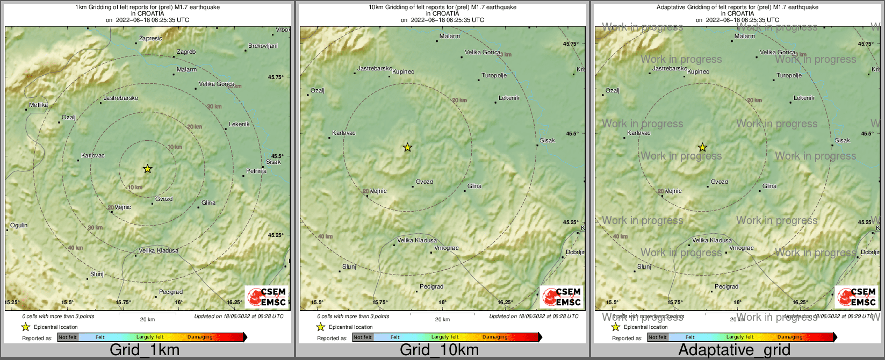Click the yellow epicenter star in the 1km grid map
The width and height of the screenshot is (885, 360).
click(148, 169)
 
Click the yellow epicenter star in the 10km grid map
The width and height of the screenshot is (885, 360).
click(407, 147)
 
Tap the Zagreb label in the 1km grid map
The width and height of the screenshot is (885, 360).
click(186, 52)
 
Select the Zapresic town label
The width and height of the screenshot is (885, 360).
click(150, 39)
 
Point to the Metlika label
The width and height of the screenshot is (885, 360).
click(38, 105)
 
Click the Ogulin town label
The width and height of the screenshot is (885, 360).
click(19, 226)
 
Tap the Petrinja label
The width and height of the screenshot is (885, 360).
click(256, 171)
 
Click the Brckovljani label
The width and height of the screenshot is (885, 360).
click(263, 46)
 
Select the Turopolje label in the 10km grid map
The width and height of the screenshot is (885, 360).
click(494, 76)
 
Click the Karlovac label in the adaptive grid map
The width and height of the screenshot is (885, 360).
click(638, 133)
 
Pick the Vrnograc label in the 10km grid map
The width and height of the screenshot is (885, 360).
click(446, 248)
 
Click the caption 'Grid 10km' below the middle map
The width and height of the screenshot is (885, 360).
click(439, 350)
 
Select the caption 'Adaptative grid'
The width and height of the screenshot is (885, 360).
click(734, 350)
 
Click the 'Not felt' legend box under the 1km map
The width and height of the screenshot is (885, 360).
click(68, 337)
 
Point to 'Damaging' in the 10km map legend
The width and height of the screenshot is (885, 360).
click(495, 337)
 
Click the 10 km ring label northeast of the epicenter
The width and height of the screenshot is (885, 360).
click(175, 147)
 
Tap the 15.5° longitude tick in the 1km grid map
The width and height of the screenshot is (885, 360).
click(67, 303)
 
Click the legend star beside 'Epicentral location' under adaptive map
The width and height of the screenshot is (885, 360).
click(616, 327)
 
